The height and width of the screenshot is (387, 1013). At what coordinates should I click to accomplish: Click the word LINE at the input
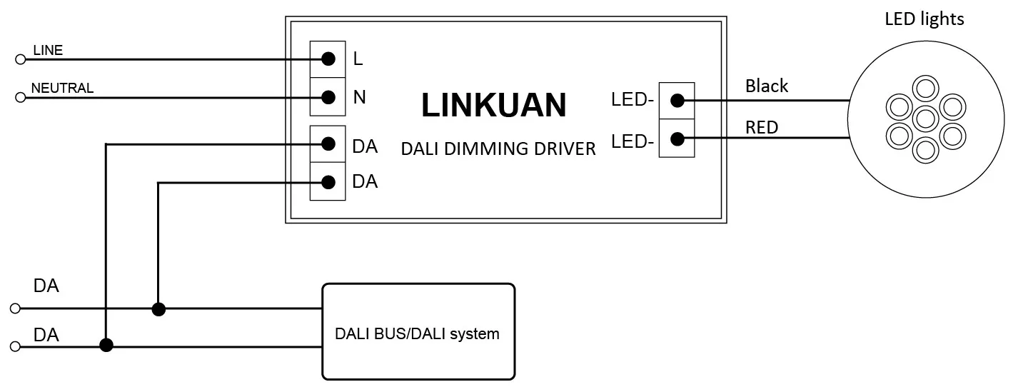pos(48,50)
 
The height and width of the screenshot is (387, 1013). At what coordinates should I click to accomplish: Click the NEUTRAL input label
pos(62,88)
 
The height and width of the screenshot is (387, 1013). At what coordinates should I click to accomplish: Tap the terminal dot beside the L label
pos(328,59)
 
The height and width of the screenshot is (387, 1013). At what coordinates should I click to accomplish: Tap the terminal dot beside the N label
pos(328,96)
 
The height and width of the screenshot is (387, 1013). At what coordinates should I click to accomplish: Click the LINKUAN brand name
pos(493,105)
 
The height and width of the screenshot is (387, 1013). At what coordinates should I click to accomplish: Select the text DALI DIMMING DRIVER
pos(498,149)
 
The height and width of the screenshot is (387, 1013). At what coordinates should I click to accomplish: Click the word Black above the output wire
pos(767,86)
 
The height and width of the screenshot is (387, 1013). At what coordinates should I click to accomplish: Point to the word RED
pos(762,128)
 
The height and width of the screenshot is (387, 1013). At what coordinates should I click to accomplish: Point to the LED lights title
pos(924,19)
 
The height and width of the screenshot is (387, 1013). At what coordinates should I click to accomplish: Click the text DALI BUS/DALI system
pos(418,333)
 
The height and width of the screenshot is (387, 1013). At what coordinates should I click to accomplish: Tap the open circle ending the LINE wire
pos(20,59)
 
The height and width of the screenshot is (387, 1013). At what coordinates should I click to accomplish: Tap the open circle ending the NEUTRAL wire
pos(20,97)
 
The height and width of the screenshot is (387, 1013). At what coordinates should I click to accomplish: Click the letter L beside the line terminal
pos(358,59)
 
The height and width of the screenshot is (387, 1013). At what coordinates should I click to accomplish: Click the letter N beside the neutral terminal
pos(360,97)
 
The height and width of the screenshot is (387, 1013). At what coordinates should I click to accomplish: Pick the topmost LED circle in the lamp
pos(924,89)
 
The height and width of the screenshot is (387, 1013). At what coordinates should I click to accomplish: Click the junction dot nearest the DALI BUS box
pos(158,309)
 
